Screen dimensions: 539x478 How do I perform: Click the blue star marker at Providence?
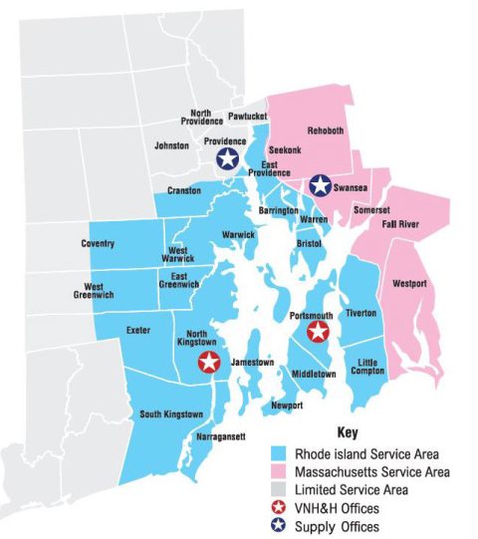coord(227,158)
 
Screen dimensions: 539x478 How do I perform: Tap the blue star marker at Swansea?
coord(320,185)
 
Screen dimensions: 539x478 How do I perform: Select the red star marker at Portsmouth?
coord(319,332)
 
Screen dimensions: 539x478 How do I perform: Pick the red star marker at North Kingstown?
coord(208,362)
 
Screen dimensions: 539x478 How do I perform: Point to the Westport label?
coord(409,284)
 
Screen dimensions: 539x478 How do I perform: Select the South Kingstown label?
coord(170,413)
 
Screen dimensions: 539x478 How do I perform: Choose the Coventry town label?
coord(98,243)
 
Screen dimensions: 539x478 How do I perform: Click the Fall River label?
coord(400,224)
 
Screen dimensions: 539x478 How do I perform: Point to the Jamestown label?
coord(252,363)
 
